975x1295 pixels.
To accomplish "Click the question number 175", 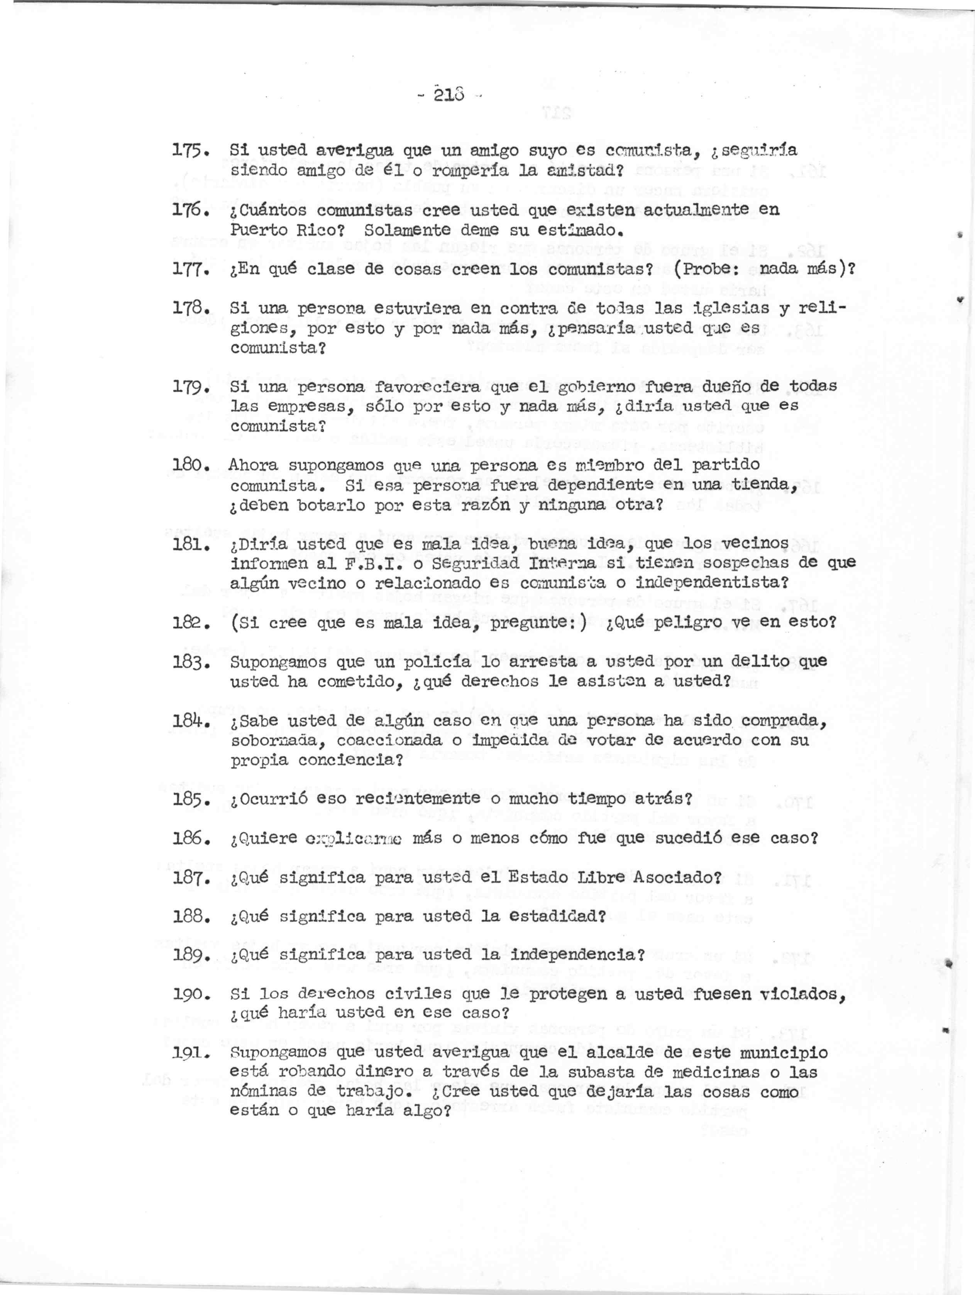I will point(188,151).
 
